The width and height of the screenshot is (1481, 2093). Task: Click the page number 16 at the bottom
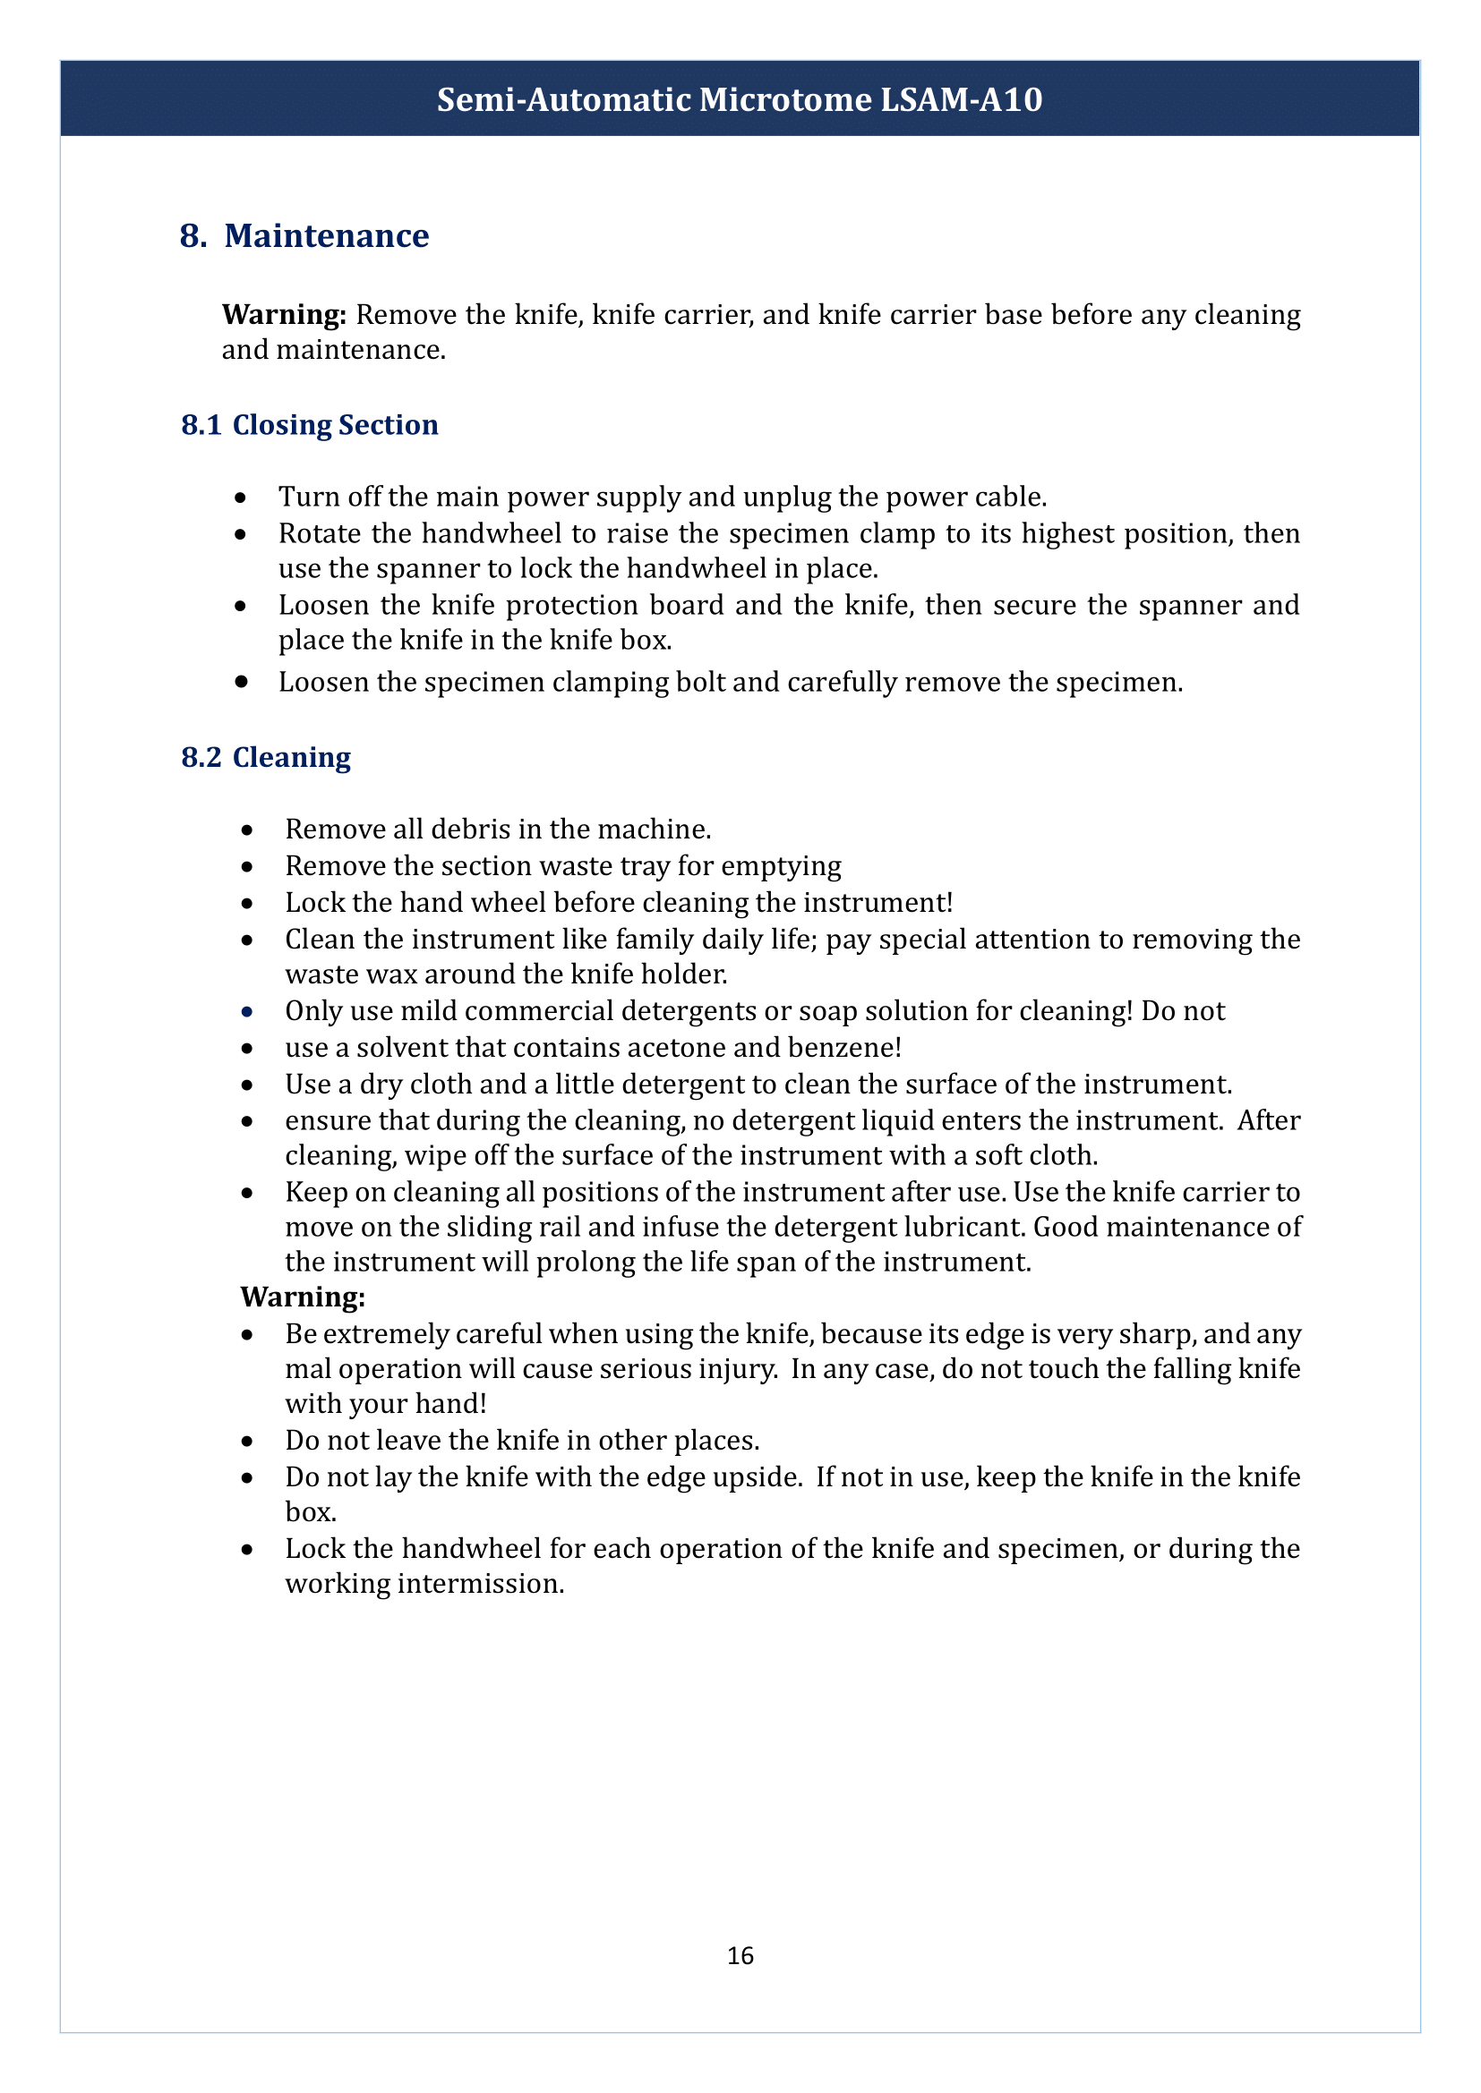coord(740,1955)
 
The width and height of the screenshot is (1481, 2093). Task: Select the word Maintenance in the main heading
coord(327,236)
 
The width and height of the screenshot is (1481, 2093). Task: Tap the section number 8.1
coord(201,425)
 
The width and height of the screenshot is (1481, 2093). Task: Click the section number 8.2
coord(201,758)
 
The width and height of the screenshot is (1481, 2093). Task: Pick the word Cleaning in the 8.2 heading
coord(291,758)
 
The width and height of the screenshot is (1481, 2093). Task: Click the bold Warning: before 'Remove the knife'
coord(284,314)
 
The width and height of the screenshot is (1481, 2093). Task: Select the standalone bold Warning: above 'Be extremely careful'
coord(302,1297)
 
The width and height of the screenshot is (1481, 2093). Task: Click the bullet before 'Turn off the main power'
coord(240,498)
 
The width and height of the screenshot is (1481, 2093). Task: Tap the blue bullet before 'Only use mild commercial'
coord(246,1012)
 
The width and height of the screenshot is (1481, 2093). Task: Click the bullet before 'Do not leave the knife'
coord(246,1442)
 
